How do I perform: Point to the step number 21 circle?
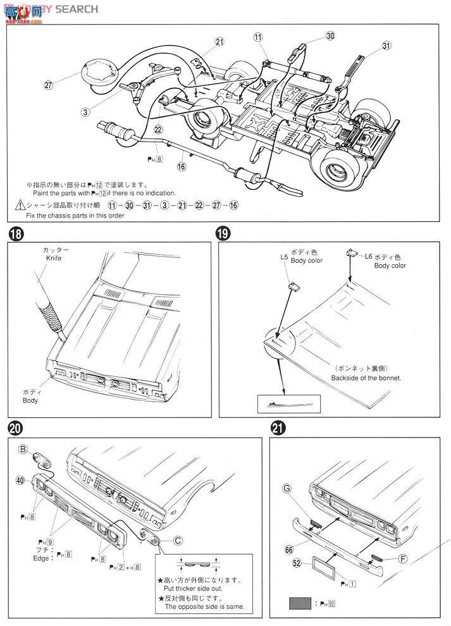coord(276,427)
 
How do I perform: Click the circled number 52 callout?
coord(296,563)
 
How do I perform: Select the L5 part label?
coord(283,258)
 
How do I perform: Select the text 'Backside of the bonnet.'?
coord(366,377)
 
